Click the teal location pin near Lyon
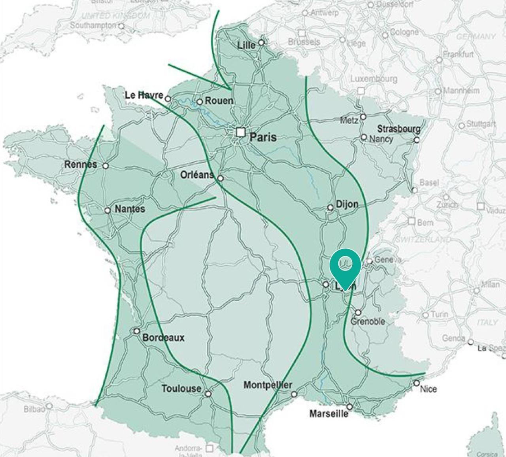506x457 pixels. pyautogui.click(x=345, y=264)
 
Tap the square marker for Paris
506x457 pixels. pyautogui.click(x=241, y=132)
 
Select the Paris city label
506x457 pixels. pyautogui.click(x=263, y=137)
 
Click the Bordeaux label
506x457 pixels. pyautogui.click(x=163, y=338)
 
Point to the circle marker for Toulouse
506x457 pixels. pyautogui.click(x=208, y=394)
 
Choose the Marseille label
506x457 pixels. pyautogui.click(x=329, y=414)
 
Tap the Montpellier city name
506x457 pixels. pyautogui.click(x=268, y=385)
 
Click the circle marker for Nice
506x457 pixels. pyautogui.click(x=417, y=383)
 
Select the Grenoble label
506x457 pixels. pyautogui.click(x=368, y=322)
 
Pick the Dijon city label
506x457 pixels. pyautogui.click(x=347, y=204)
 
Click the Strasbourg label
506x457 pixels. pyautogui.click(x=398, y=129)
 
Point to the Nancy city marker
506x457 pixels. pyautogui.click(x=364, y=137)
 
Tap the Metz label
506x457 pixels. pyautogui.click(x=349, y=120)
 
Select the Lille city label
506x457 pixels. pyautogui.click(x=246, y=46)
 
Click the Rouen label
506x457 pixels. pyautogui.click(x=219, y=101)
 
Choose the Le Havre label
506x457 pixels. pyautogui.click(x=144, y=95)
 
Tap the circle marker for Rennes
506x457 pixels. pyautogui.click(x=106, y=166)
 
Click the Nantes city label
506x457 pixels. pyautogui.click(x=130, y=209)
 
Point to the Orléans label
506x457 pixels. pyautogui.click(x=197, y=174)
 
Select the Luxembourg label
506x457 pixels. pyautogui.click(x=374, y=79)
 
